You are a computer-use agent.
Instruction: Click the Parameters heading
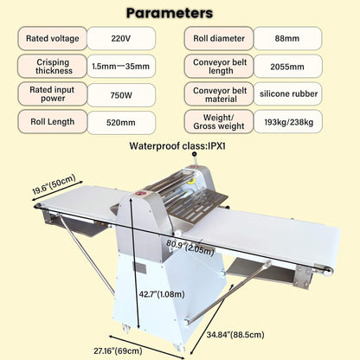pyautogui.click(x=170, y=13)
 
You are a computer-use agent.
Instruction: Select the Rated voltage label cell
pyautogui.click(x=52, y=38)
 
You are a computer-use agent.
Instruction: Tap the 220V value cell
pyautogui.click(x=121, y=38)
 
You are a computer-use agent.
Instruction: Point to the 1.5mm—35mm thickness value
pyautogui.click(x=121, y=67)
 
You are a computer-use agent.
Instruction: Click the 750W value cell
pyautogui.click(x=121, y=95)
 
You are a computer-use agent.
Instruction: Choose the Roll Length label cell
pyautogui.click(x=52, y=122)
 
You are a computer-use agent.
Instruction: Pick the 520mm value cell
pyautogui.click(x=121, y=122)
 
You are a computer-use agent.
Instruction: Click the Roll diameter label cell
pyautogui.click(x=219, y=38)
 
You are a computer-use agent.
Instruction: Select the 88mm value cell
pyautogui.click(x=287, y=38)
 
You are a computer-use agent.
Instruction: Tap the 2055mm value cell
pyautogui.click(x=287, y=67)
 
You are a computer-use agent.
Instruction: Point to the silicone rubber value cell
pyautogui.click(x=288, y=93)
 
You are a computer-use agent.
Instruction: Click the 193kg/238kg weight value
pyautogui.click(x=288, y=122)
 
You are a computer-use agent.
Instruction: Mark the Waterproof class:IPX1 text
pyautogui.click(x=177, y=146)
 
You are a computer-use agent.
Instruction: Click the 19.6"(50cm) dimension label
pyautogui.click(x=54, y=184)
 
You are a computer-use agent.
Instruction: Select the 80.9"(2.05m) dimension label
pyautogui.click(x=190, y=247)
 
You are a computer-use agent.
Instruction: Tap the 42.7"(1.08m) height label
pyautogui.click(x=162, y=294)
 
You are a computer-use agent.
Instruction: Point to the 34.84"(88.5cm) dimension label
pyautogui.click(x=235, y=335)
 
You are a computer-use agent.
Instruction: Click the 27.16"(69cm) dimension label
pyautogui.click(x=118, y=351)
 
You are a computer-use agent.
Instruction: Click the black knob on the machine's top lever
pyautogui.click(x=195, y=154)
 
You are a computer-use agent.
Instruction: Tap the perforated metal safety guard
pyautogui.click(x=198, y=206)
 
